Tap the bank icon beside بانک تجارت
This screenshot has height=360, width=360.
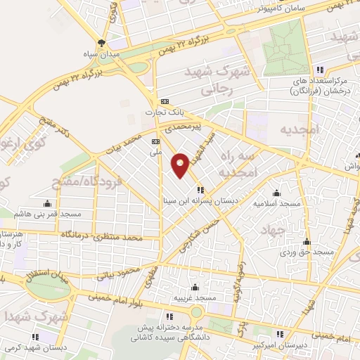pyautogui.click(x=165, y=101)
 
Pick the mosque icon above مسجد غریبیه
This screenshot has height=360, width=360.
pyautogui.click(x=195, y=287)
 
